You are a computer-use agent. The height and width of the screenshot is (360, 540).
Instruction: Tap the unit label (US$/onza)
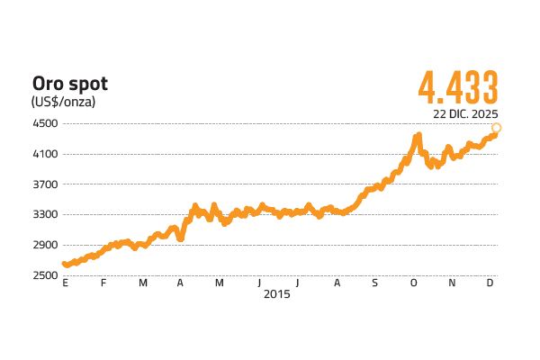(63, 102)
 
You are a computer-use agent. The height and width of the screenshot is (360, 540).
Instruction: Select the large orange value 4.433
(457, 86)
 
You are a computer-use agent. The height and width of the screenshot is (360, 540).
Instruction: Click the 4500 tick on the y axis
(45, 124)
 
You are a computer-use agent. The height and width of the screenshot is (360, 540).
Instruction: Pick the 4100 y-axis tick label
(45, 155)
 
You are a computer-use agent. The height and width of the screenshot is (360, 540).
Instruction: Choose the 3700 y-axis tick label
(45, 184)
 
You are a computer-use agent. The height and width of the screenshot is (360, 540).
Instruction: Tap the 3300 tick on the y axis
(45, 215)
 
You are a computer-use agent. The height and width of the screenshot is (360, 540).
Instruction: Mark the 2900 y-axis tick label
(45, 245)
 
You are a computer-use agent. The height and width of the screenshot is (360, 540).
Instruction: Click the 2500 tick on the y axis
(45, 275)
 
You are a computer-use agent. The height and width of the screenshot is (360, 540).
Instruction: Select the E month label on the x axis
(66, 283)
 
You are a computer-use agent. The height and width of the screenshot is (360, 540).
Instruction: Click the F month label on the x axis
(103, 283)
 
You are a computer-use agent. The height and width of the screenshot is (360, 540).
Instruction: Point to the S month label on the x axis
(374, 283)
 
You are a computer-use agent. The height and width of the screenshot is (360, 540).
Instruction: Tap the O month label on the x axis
(414, 283)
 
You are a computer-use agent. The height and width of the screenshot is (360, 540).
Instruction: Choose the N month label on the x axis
(453, 283)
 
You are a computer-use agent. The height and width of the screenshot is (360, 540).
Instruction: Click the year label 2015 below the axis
(277, 294)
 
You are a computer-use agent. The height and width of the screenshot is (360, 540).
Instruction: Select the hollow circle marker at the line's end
(496, 128)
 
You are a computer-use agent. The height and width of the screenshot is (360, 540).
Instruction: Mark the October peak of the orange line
(418, 136)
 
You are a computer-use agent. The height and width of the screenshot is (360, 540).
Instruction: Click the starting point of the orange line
(64, 264)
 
